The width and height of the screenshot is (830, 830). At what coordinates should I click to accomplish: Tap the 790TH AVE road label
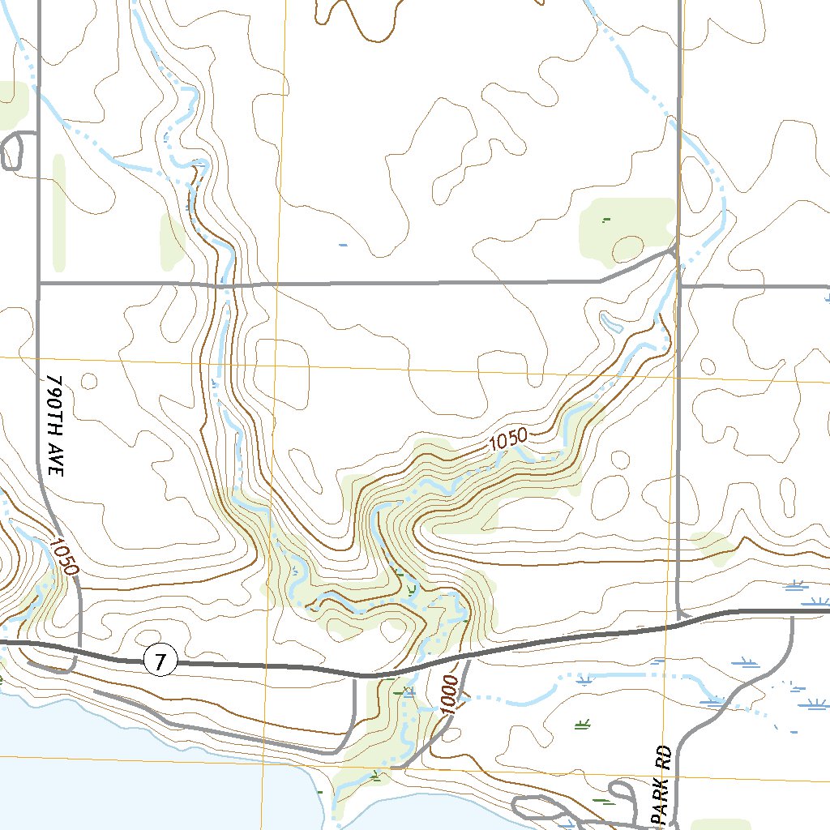(x=54, y=425)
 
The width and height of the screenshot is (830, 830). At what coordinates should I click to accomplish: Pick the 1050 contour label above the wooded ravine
(x=508, y=441)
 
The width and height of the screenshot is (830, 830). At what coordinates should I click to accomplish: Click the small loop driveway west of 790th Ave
(x=11, y=151)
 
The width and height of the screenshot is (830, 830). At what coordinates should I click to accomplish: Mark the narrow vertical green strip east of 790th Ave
(x=58, y=212)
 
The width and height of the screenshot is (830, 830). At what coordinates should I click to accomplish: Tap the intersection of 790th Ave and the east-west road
(x=38, y=284)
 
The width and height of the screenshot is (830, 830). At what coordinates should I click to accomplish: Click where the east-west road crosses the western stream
(x=224, y=285)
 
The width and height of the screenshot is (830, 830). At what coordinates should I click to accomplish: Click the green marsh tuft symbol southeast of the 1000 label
(x=581, y=724)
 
